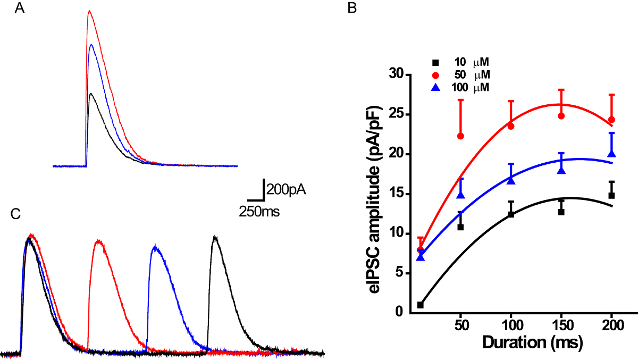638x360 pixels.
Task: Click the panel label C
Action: [16, 213]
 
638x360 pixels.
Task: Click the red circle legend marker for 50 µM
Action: [435, 74]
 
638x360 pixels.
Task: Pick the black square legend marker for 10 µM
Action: [435, 62]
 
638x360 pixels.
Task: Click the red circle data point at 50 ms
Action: [460, 136]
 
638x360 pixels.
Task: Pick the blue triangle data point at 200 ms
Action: [612, 154]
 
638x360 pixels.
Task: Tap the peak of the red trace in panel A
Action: [89, 11]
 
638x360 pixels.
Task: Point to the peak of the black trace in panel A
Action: [91, 94]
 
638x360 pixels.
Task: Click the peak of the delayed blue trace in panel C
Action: [155, 247]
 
